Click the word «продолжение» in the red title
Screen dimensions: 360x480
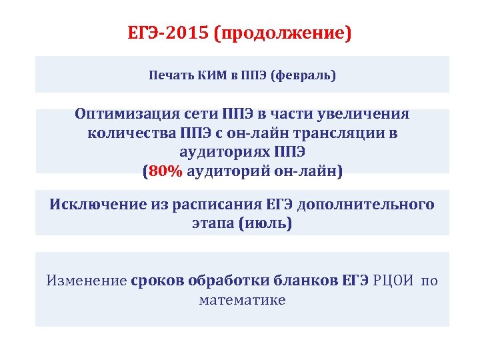coord(282,33)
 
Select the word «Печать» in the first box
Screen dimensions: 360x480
coord(170,75)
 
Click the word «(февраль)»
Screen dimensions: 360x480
coord(303,75)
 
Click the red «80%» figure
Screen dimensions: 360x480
coord(166,171)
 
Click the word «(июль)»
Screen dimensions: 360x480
coord(265,223)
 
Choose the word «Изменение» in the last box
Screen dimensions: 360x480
coord(86,280)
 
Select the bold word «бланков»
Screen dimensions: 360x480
coord(307,280)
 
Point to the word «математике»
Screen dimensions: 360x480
coord(242,300)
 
